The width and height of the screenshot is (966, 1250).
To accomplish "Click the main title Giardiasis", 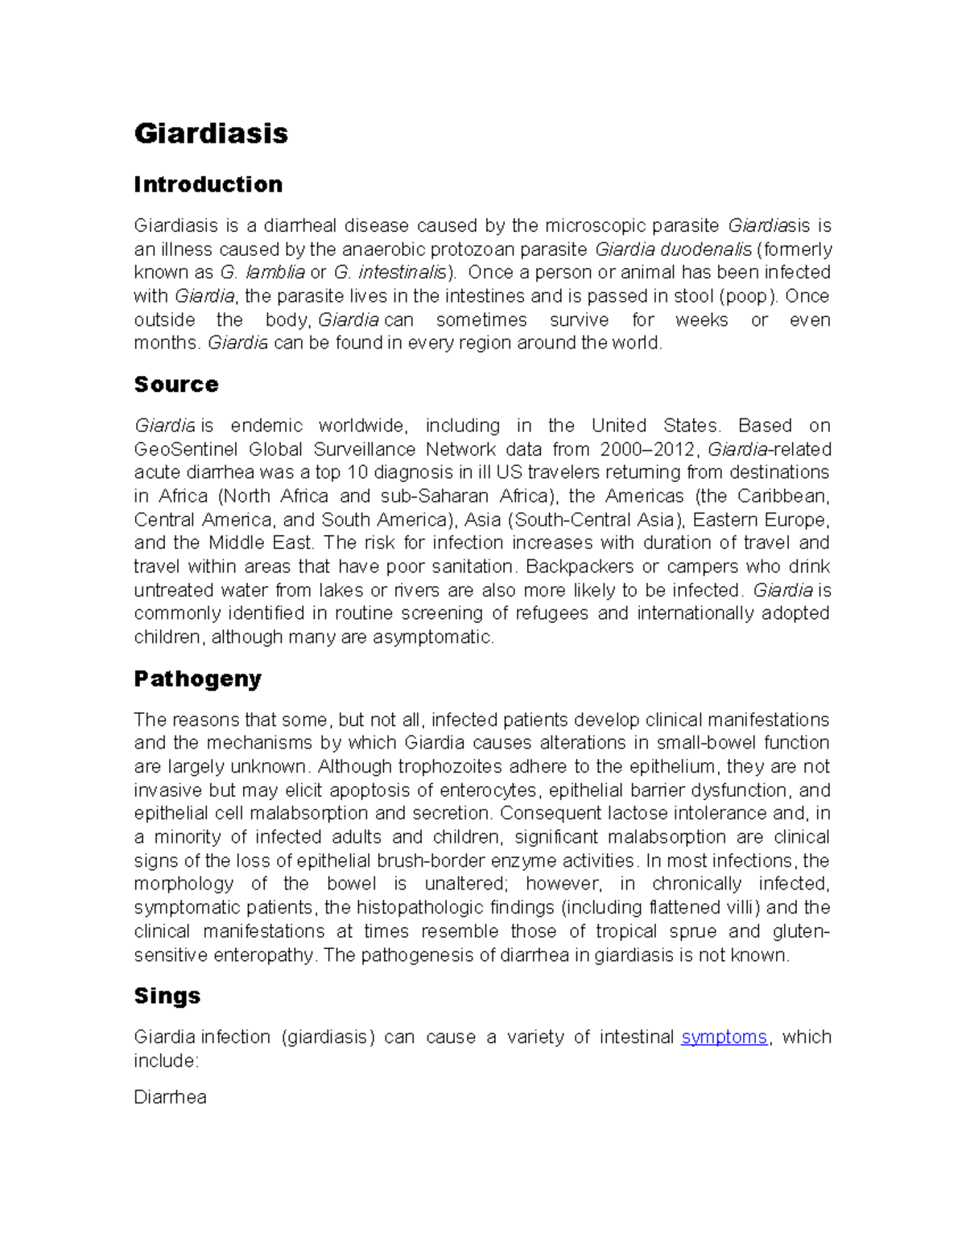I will tap(211, 134).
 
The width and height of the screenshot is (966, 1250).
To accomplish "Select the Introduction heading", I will tap(208, 184).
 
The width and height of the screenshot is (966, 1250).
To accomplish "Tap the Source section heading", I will tap(175, 384).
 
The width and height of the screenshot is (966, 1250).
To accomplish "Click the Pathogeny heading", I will tap(197, 679).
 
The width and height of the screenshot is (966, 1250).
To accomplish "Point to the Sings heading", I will tap(167, 996).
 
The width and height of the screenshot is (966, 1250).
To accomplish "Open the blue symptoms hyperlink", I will tap(724, 1037).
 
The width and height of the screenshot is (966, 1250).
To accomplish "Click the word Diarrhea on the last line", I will tap(170, 1097).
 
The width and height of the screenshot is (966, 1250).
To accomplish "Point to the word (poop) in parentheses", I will tap(747, 296).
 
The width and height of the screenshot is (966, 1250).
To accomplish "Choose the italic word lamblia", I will tap(275, 272).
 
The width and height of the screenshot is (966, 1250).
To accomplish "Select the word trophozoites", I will tap(456, 766).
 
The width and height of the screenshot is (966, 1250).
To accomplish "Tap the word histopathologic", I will tap(420, 908).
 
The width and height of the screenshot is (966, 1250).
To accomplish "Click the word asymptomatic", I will tap(433, 637).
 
